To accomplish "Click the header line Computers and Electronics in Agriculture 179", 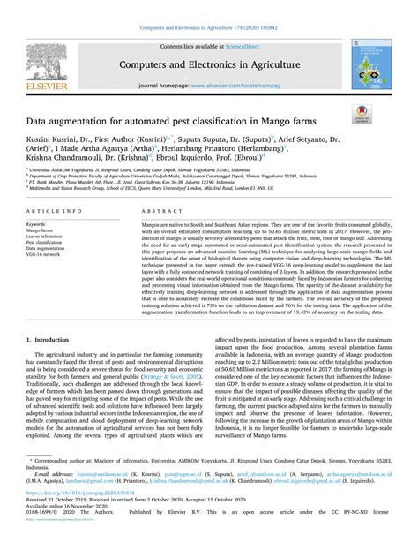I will pos(209,27).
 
